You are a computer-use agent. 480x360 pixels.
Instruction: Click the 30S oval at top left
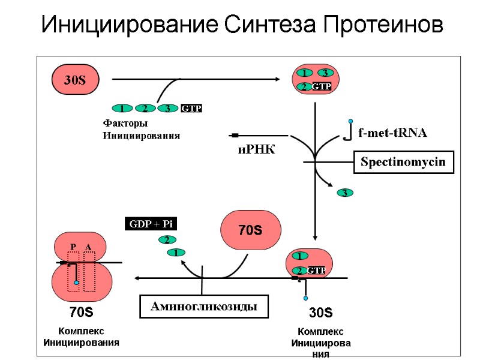pyautogui.click(x=75, y=80)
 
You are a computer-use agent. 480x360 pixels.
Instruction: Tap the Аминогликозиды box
pyautogui.click(x=204, y=307)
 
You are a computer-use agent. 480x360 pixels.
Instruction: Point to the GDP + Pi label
pyautogui.click(x=151, y=224)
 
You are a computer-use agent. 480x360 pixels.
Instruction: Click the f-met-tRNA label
pyautogui.click(x=392, y=133)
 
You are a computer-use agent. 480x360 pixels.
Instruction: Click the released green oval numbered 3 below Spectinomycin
pyautogui.click(x=344, y=193)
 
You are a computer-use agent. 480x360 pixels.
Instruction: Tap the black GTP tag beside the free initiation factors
pyautogui.click(x=191, y=109)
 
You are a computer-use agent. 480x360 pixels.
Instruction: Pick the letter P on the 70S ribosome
pyautogui.click(x=73, y=247)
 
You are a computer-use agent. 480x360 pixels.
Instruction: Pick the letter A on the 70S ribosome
pyautogui.click(x=88, y=247)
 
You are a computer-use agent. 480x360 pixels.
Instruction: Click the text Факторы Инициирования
pyautogui.click(x=141, y=130)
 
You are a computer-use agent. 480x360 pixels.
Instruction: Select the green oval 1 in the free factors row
pyautogui.click(x=122, y=109)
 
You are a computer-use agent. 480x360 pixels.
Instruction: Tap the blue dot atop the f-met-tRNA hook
pyautogui.click(x=350, y=121)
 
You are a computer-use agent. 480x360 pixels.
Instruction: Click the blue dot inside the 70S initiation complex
pyautogui.click(x=76, y=282)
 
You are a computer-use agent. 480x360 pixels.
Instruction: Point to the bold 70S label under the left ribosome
pyautogui.click(x=81, y=312)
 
